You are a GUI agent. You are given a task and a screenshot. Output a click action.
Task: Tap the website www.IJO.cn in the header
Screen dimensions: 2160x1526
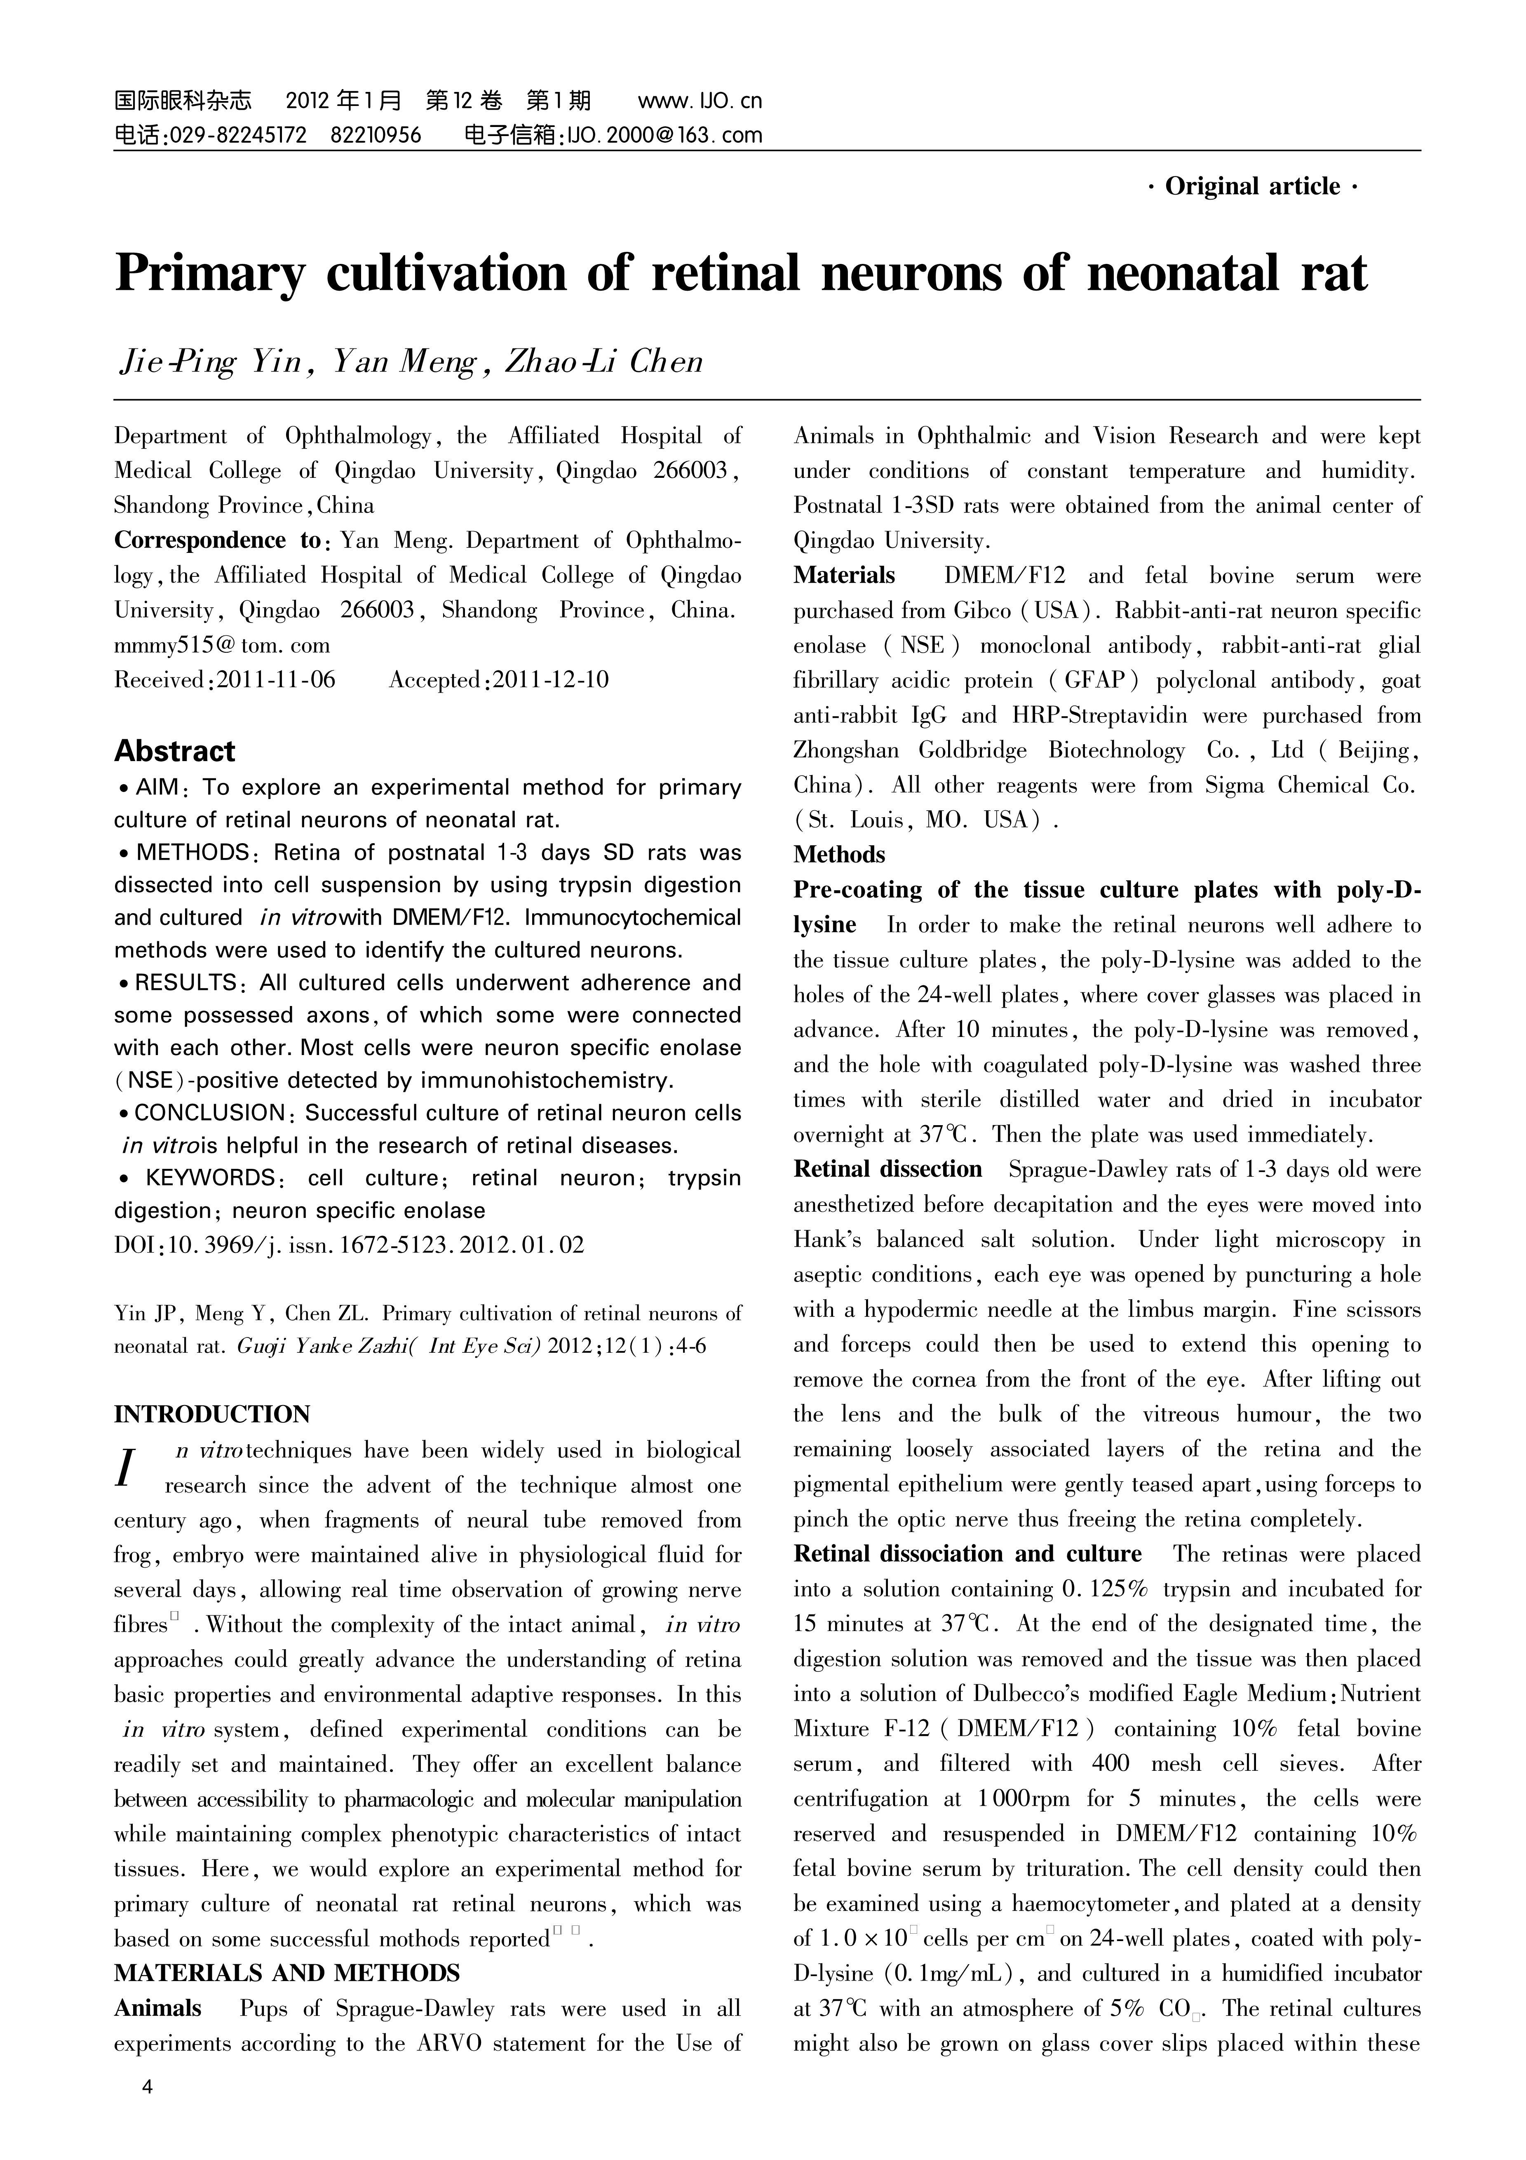coord(700,101)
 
